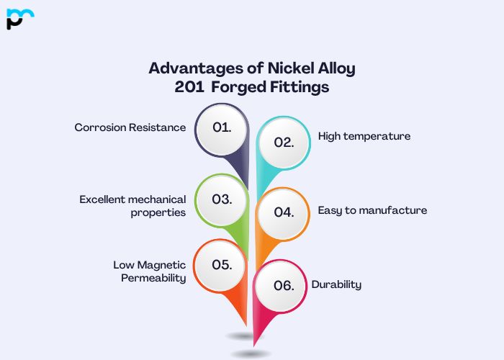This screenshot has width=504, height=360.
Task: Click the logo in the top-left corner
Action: click(20, 19)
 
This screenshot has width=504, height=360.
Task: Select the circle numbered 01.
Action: click(222, 127)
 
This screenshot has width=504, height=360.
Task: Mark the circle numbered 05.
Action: click(222, 264)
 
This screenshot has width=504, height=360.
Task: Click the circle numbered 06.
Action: click(284, 285)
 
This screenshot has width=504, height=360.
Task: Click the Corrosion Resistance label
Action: click(130, 127)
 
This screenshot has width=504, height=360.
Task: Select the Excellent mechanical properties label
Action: click(132, 206)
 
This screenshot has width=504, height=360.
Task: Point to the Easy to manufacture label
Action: click(372, 210)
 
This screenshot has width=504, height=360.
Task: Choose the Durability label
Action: click(336, 284)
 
